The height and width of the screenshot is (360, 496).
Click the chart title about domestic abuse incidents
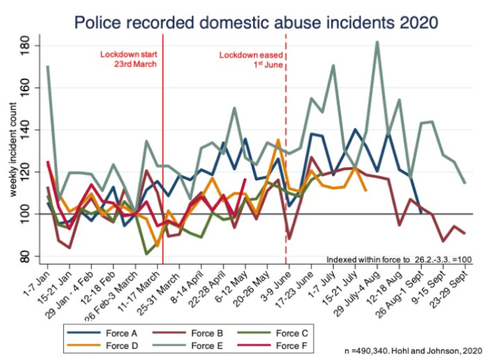pos(256,21)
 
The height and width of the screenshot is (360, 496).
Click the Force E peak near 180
pos(377,42)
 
